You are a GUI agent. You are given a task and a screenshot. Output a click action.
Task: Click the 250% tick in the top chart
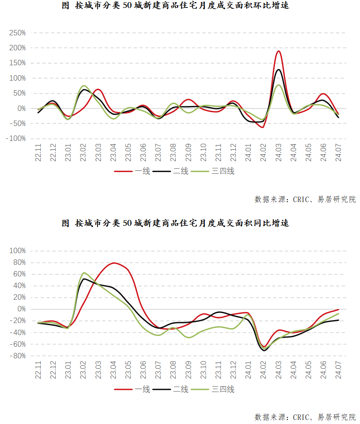pos(17,33)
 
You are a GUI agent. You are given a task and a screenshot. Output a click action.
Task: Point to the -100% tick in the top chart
pos(15,138)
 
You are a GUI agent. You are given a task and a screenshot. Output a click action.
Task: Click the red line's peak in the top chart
pos(279,51)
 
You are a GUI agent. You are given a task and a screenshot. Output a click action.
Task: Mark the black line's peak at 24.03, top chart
pos(279,69)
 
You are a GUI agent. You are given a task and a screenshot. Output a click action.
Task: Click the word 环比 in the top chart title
pos(260,6)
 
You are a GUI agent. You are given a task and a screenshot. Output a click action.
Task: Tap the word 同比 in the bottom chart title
pos(260,223)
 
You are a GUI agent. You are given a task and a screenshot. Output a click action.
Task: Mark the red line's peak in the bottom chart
pos(114,263)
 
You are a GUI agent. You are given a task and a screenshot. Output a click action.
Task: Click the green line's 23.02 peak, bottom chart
pos(84,273)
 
